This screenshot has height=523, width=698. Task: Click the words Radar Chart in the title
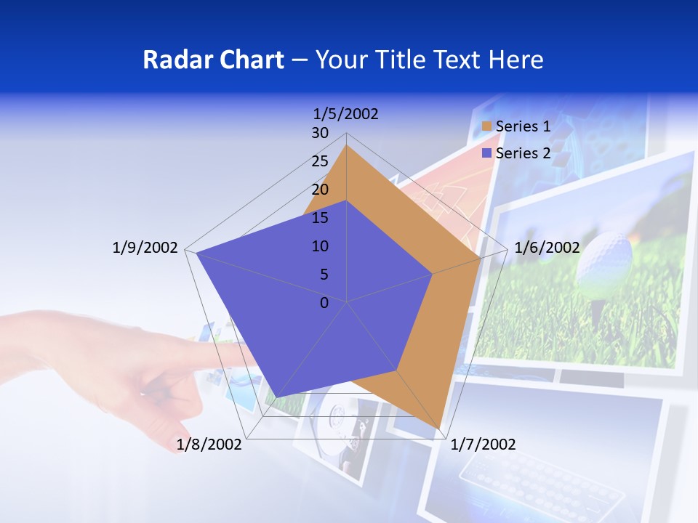(x=213, y=60)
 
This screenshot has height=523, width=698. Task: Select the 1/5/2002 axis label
(x=346, y=114)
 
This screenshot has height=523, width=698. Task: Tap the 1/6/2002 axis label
(x=547, y=248)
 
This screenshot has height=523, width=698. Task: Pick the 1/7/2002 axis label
(x=483, y=445)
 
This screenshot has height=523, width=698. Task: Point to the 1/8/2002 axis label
(x=209, y=445)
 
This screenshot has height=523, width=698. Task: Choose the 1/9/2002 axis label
(x=145, y=248)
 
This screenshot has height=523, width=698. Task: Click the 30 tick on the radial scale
(x=320, y=133)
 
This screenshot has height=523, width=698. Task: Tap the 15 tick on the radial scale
(x=320, y=218)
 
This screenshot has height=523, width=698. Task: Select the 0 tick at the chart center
(x=324, y=303)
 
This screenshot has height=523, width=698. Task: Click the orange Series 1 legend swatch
(x=487, y=127)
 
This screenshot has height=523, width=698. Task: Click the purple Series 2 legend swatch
(x=487, y=153)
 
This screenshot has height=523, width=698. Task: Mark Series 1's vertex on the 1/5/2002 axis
(x=347, y=145)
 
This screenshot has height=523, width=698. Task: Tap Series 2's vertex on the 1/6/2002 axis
(x=433, y=274)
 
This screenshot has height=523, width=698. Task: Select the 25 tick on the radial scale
(x=320, y=161)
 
